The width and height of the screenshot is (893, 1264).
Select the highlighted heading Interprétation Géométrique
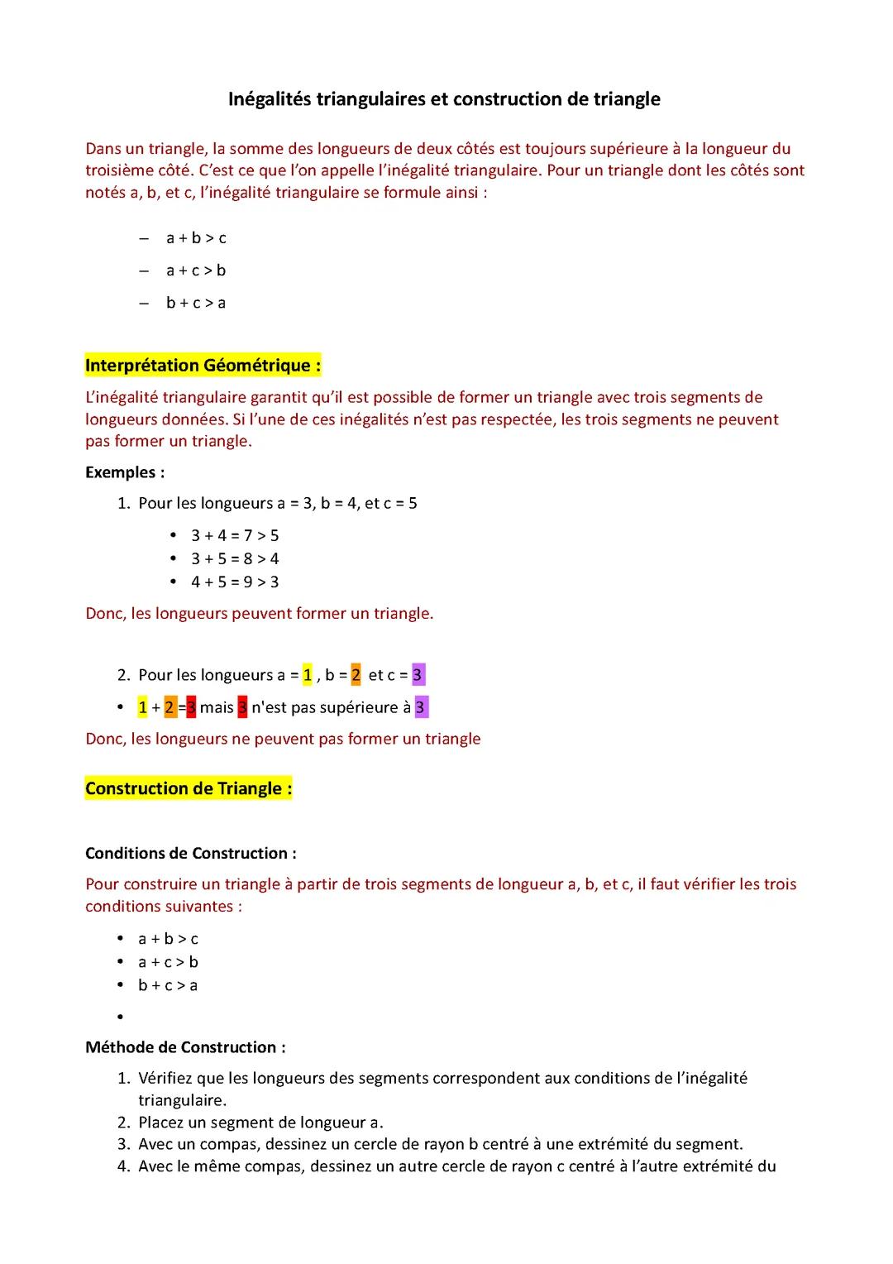(203, 366)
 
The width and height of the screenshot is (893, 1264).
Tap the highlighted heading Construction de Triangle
(189, 788)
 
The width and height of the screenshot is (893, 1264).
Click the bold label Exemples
(124, 472)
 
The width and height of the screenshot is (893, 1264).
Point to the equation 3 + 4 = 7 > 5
(235, 535)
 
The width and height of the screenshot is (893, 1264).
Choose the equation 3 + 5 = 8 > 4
(235, 558)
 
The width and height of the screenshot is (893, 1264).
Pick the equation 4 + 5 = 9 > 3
(235, 582)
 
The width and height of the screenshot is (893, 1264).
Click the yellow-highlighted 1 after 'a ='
(308, 675)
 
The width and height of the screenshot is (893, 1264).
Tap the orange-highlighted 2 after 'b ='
(356, 675)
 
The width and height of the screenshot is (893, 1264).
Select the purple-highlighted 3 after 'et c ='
(418, 675)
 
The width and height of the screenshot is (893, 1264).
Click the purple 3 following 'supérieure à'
(421, 707)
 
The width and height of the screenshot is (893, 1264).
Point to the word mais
(217, 707)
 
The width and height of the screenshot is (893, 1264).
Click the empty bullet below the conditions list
(121, 1017)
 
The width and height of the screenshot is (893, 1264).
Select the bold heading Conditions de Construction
(190, 853)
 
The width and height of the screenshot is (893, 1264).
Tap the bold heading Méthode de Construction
(185, 1047)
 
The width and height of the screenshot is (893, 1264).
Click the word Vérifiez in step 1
(168, 1078)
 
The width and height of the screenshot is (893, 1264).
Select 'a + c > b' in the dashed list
(196, 271)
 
